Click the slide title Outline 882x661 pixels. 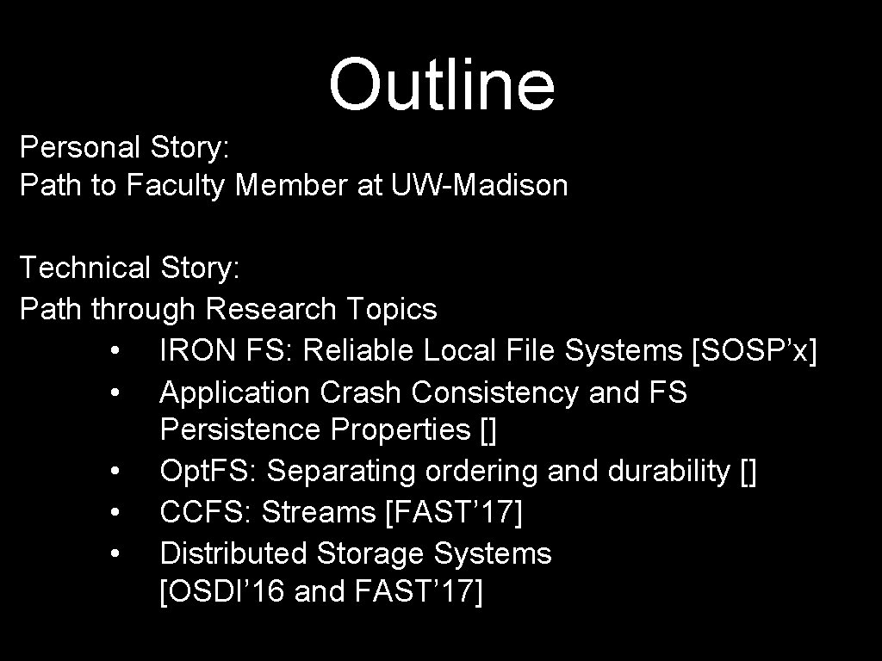pyautogui.click(x=441, y=85)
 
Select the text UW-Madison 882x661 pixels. pyautogui.click(x=479, y=185)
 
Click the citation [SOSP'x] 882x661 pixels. pyautogui.click(x=755, y=350)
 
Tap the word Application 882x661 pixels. pyautogui.click(x=234, y=392)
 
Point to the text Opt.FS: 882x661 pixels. pyautogui.click(x=208, y=472)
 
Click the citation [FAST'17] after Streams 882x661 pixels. pyautogui.click(x=454, y=512)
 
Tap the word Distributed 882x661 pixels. pyautogui.click(x=233, y=553)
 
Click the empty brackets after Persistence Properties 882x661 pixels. pyautogui.click(x=488, y=429)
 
